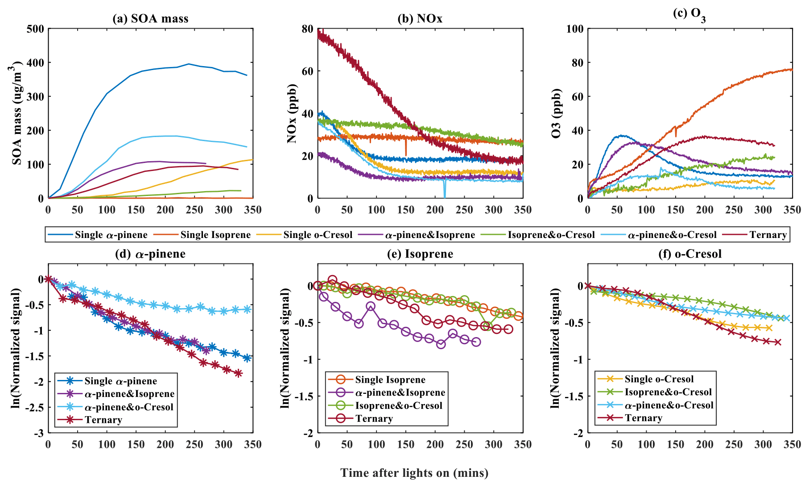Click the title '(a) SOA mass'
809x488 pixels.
(x=150, y=19)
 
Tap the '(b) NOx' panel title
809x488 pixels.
(x=420, y=19)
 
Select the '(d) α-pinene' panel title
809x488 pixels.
(x=150, y=254)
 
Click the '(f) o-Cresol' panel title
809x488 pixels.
(x=689, y=254)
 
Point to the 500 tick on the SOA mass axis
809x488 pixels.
(x=36, y=29)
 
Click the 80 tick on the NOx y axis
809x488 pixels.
(x=308, y=29)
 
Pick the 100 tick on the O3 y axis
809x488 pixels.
(x=574, y=29)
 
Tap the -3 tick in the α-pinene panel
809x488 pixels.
(x=40, y=433)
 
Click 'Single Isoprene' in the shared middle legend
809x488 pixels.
(x=215, y=235)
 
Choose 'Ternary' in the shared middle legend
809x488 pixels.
(x=768, y=235)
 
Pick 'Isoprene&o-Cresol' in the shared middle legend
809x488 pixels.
(x=551, y=235)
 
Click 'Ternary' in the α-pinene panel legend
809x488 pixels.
(x=103, y=420)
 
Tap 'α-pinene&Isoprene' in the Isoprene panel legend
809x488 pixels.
(x=400, y=392)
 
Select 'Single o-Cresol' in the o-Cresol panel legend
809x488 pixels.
(x=659, y=379)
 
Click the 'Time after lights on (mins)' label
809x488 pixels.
(x=414, y=473)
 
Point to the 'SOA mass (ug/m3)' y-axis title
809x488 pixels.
(x=17, y=114)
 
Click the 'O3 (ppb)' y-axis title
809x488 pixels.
(x=556, y=114)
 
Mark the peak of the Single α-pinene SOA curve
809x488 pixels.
(x=189, y=64)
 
